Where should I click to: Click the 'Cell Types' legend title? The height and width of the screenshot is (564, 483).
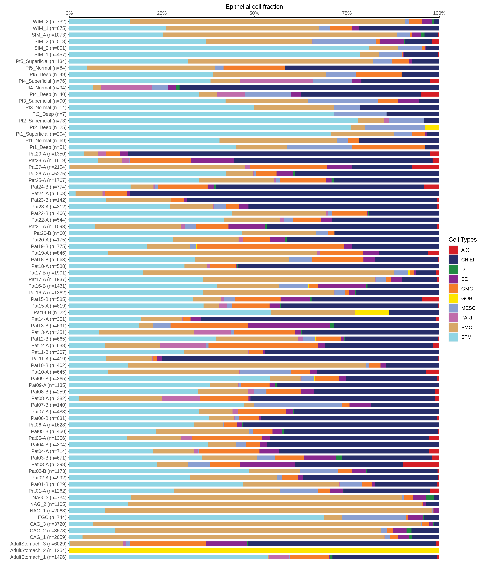tap(462, 240)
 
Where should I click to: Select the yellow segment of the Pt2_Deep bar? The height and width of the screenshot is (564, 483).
tap(432, 127)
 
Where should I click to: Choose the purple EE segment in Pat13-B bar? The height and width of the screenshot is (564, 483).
tap(289, 326)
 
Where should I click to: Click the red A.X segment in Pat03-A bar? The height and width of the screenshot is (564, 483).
tap(421, 464)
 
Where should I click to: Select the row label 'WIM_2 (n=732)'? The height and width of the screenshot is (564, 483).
tap(50, 21)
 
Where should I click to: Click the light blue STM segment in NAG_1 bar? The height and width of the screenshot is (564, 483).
tap(87, 511)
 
